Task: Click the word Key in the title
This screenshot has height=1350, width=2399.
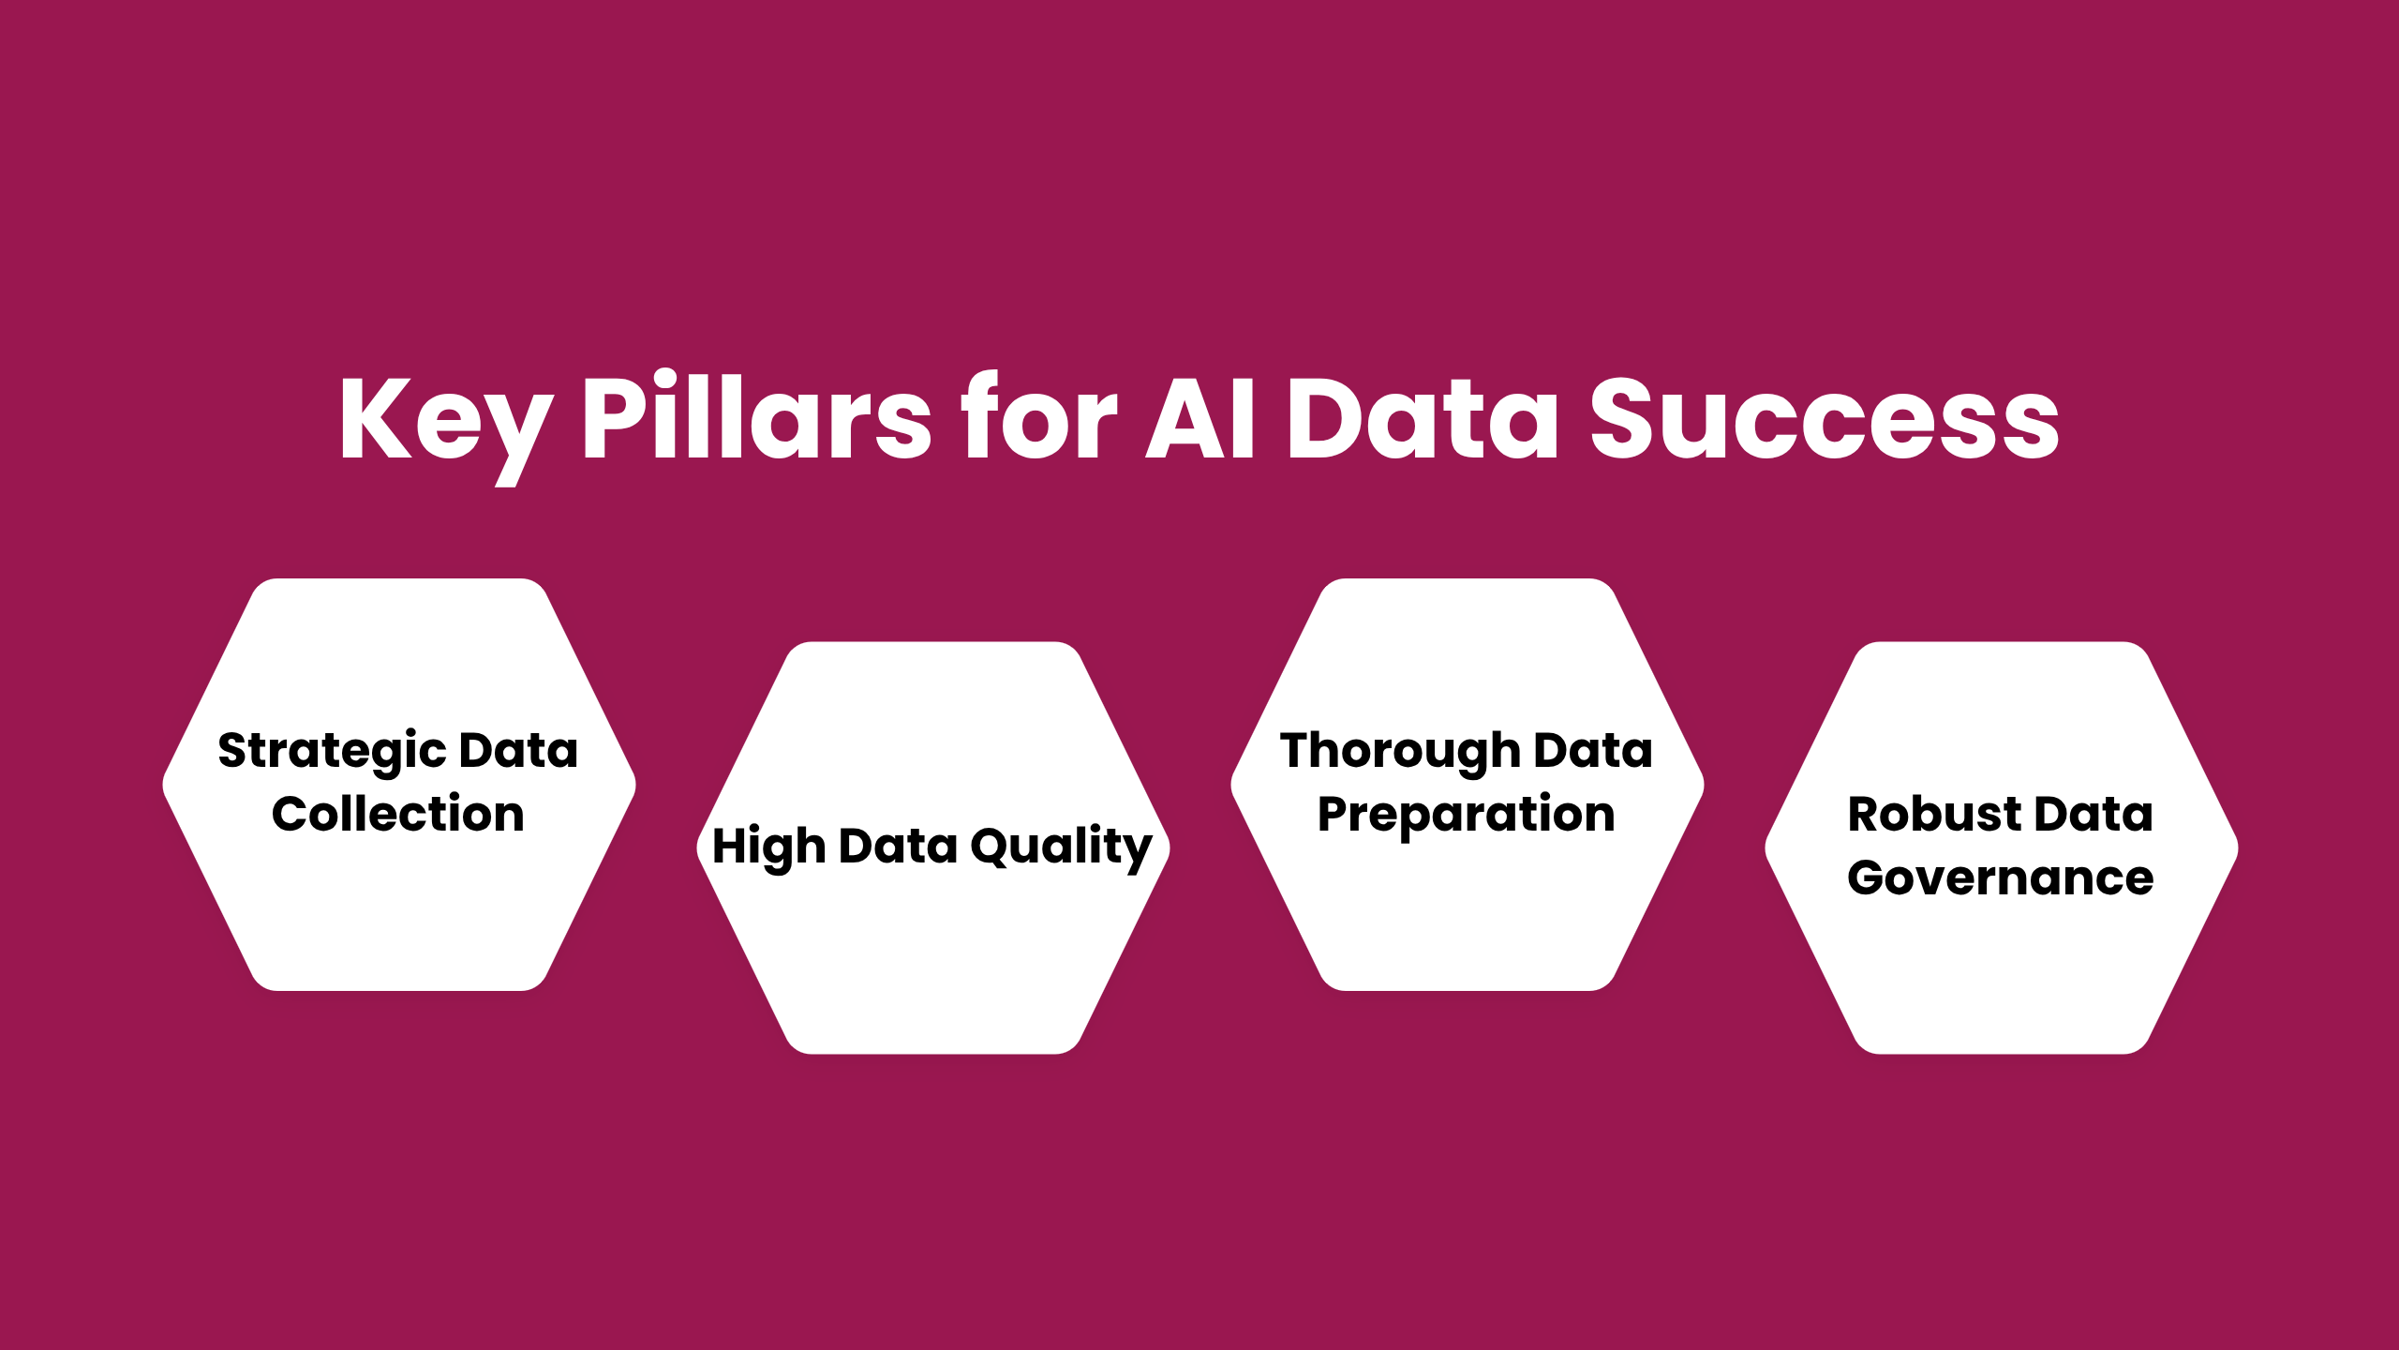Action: click(x=445, y=419)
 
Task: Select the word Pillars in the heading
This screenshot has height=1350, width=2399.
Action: click(x=756, y=417)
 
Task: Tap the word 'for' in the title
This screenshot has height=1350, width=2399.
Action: click(x=1040, y=417)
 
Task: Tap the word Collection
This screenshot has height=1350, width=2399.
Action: click(x=398, y=814)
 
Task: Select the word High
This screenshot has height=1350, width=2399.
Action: click(x=768, y=847)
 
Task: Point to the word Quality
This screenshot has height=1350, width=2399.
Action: click(x=1061, y=847)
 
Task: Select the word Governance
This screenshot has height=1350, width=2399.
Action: click(x=2001, y=878)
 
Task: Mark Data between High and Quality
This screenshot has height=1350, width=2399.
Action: click(x=898, y=846)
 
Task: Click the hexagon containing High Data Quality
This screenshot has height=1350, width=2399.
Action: click(x=933, y=956)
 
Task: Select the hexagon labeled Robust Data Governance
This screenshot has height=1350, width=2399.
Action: click(x=2002, y=975)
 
